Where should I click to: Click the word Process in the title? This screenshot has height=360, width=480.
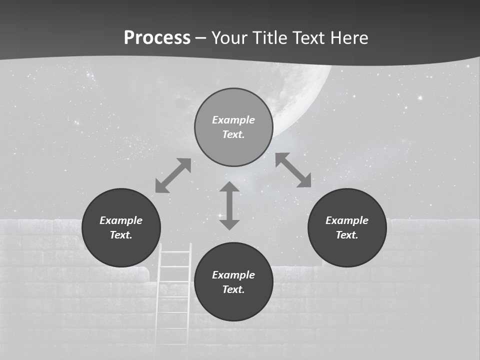click(157, 37)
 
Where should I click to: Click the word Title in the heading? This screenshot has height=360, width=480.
click(270, 37)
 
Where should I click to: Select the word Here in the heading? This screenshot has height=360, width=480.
click(348, 37)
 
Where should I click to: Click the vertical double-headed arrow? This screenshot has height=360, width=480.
click(229, 205)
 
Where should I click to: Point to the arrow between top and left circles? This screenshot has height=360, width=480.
click(173, 175)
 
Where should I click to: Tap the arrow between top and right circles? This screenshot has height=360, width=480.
click(293, 170)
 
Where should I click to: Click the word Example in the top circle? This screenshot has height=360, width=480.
click(233, 120)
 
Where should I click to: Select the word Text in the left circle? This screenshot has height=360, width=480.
click(121, 235)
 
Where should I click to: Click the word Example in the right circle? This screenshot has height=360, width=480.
click(347, 220)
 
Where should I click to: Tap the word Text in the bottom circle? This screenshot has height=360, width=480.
click(233, 289)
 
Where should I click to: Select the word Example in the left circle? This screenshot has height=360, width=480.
click(121, 220)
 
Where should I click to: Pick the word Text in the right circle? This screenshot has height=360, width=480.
click(347, 235)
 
